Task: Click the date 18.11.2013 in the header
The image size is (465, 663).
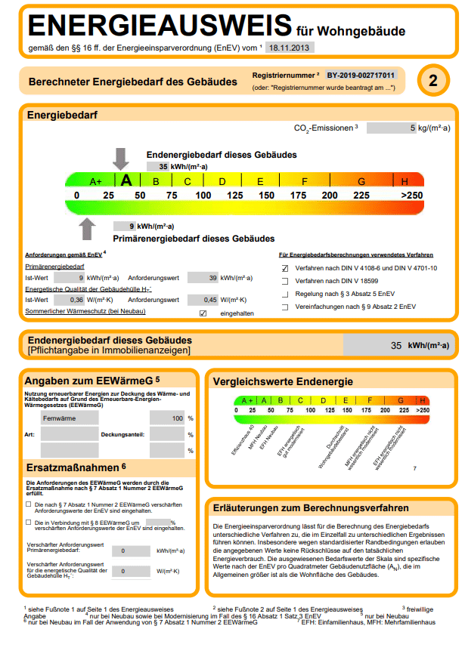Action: [x=290, y=47]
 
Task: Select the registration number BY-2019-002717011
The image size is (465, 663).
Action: [x=361, y=76]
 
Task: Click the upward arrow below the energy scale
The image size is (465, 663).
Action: [x=88, y=227]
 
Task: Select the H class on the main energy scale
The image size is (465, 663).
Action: [x=405, y=181]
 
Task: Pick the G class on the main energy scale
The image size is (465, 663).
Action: [x=361, y=181]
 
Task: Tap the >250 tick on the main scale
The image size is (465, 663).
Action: [x=411, y=196]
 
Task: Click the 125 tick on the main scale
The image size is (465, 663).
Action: [x=235, y=196]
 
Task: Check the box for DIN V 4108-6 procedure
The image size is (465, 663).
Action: [x=285, y=268]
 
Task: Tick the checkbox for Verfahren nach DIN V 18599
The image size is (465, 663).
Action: [x=285, y=281]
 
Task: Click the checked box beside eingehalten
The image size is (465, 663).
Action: [x=203, y=313]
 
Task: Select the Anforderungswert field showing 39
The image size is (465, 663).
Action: [x=203, y=278]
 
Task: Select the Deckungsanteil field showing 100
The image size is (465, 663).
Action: [x=167, y=418]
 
